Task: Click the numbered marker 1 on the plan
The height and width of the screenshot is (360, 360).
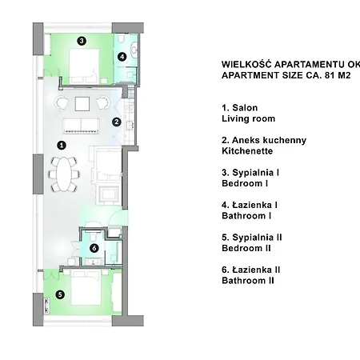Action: (x=62, y=146)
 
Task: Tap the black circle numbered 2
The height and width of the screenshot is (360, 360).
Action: (x=117, y=122)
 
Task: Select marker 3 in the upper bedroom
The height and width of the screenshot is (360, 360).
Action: (x=82, y=41)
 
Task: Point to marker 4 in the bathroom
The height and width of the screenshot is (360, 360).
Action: (x=122, y=57)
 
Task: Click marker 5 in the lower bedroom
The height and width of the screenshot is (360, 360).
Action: (x=60, y=294)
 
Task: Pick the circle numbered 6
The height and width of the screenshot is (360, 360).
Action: (x=94, y=248)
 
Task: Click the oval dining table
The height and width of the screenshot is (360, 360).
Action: (x=64, y=174)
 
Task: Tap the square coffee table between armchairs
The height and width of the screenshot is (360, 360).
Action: (x=82, y=104)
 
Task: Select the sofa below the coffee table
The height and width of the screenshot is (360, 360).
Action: (x=81, y=126)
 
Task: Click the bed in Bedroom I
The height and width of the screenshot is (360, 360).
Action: (x=84, y=66)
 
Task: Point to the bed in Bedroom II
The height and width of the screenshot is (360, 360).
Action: (x=86, y=287)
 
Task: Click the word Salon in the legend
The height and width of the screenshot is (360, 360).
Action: (x=245, y=108)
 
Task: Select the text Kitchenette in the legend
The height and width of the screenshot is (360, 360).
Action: (x=247, y=151)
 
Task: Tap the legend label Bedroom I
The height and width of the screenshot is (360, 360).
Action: (x=245, y=183)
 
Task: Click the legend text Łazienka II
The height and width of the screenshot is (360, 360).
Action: (x=256, y=270)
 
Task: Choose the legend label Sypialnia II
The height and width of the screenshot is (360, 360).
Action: (x=257, y=238)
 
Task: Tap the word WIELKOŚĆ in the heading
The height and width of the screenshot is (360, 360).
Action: (x=246, y=64)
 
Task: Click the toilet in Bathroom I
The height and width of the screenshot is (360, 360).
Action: (x=122, y=39)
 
